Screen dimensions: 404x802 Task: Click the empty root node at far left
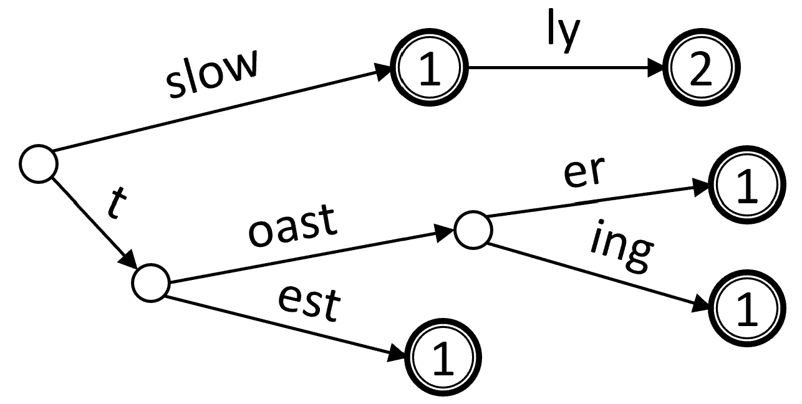[x=39, y=163]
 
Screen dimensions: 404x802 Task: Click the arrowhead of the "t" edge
[x=130, y=258]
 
